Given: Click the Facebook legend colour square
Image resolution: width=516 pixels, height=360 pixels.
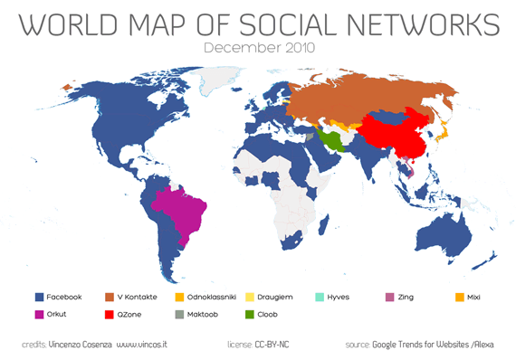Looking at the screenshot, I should [39, 297].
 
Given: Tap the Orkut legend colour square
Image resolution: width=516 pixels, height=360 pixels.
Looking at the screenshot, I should [39, 315].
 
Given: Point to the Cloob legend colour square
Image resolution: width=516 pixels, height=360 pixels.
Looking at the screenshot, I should [275, 315].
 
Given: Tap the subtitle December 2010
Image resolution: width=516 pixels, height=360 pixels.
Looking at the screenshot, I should [257, 47].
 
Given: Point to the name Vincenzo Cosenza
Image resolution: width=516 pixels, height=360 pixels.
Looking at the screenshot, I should [80, 345].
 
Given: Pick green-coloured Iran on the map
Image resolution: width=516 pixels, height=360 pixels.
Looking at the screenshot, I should [334, 139].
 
